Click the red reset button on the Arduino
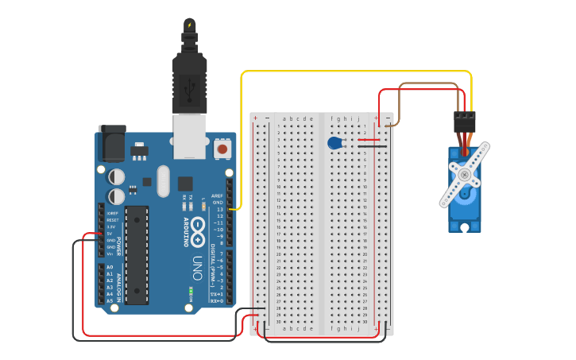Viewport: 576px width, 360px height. (222, 149)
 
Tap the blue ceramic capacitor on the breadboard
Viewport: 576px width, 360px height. (334, 143)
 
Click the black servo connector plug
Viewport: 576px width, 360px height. (464, 121)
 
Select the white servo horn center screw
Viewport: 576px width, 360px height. (464, 174)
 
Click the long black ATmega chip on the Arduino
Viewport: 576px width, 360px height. (136, 254)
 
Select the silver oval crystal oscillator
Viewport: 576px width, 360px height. (163, 180)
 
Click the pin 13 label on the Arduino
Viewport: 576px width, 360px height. (219, 209)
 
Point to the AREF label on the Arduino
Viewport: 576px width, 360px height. (217, 195)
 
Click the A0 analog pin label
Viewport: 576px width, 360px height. (110, 267)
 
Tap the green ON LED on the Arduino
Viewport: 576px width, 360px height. (191, 291)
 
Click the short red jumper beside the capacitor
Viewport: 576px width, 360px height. (369, 140)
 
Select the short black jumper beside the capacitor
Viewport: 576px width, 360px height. (372, 146)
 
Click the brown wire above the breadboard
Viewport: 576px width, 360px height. (429, 83)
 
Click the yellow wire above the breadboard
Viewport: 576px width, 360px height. (358, 72)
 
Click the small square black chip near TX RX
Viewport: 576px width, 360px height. (185, 183)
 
